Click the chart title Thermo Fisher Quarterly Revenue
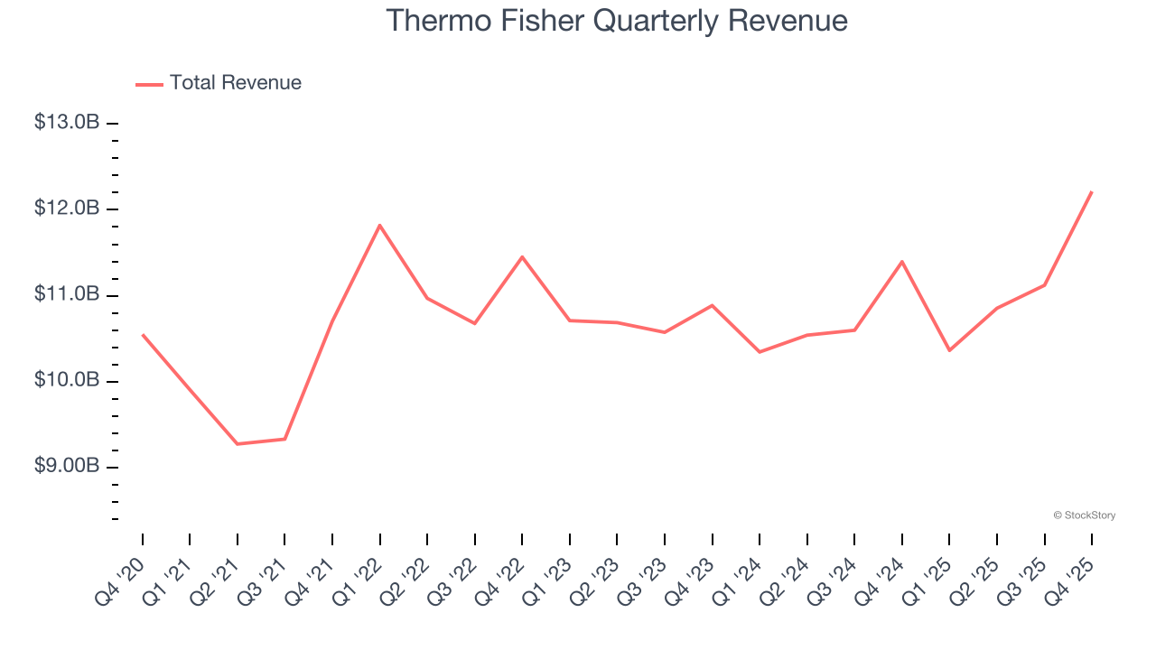[617, 21]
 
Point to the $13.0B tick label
[67, 122]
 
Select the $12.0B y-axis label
[67, 209]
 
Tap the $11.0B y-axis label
[67, 294]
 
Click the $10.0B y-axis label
[67, 380]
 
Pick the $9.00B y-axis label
[67, 466]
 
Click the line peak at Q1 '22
[380, 225]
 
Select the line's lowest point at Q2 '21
[238, 443]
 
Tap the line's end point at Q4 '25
[1092, 192]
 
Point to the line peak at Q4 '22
[522, 257]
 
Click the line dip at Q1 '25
[949, 350]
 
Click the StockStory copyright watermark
[1084, 515]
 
